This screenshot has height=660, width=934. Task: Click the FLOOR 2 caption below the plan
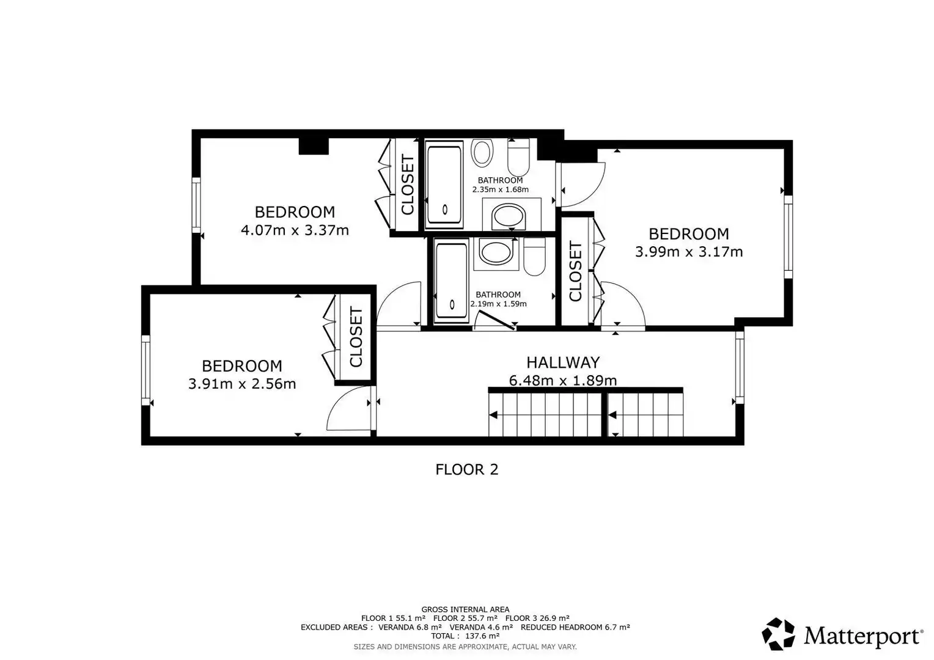pyautogui.click(x=466, y=469)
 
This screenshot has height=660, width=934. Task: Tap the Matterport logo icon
pyautogui.click(x=778, y=634)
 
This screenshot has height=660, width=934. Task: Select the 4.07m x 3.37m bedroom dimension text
pyautogui.click(x=295, y=230)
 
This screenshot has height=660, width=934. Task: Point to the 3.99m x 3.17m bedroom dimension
pyautogui.click(x=689, y=252)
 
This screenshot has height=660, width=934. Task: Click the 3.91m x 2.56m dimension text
pyautogui.click(x=242, y=384)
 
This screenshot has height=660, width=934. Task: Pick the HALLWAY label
pyautogui.click(x=563, y=362)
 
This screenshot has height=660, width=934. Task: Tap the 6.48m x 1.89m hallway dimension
pyautogui.click(x=563, y=380)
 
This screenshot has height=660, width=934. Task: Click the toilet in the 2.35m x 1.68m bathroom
pyautogui.click(x=519, y=157)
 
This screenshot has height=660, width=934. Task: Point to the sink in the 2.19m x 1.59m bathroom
pyautogui.click(x=496, y=252)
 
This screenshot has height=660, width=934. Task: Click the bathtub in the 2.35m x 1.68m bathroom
pyautogui.click(x=444, y=185)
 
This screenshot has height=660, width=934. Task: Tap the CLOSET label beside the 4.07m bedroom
pyautogui.click(x=407, y=185)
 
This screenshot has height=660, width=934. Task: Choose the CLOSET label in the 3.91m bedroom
pyautogui.click(x=356, y=337)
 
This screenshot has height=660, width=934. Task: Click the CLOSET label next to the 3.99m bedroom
pyautogui.click(x=575, y=271)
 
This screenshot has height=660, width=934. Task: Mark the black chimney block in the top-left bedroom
pyautogui.click(x=314, y=146)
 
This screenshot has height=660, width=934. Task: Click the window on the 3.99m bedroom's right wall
pyautogui.click(x=788, y=237)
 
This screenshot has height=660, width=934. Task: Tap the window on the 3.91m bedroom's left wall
pyautogui.click(x=145, y=370)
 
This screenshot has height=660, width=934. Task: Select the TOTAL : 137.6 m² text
pyautogui.click(x=465, y=636)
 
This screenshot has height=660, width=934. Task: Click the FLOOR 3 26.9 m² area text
pyautogui.click(x=537, y=618)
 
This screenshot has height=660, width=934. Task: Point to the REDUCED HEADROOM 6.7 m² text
pyautogui.click(x=575, y=627)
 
